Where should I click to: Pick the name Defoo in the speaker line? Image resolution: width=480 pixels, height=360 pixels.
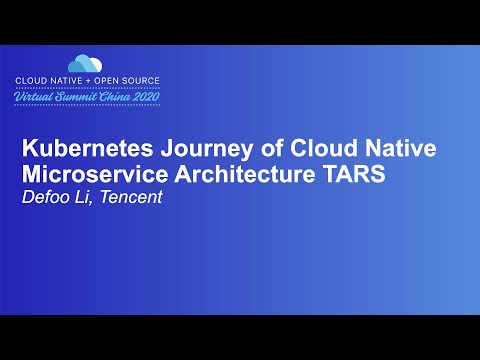[46, 197]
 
